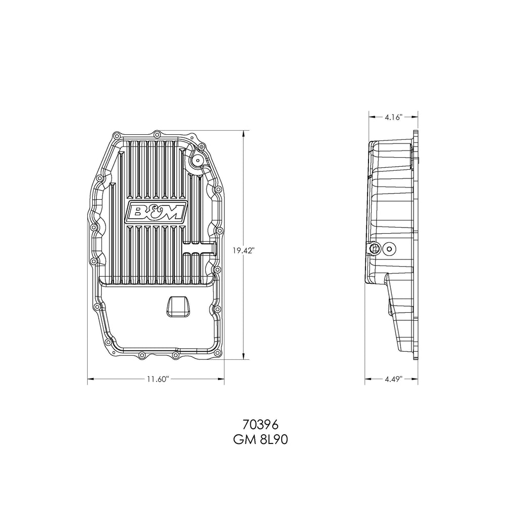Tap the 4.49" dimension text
393,379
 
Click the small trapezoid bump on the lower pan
177,306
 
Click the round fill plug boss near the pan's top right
195,161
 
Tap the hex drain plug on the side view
375,248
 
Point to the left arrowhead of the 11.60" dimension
90,378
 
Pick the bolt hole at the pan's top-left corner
117,136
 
